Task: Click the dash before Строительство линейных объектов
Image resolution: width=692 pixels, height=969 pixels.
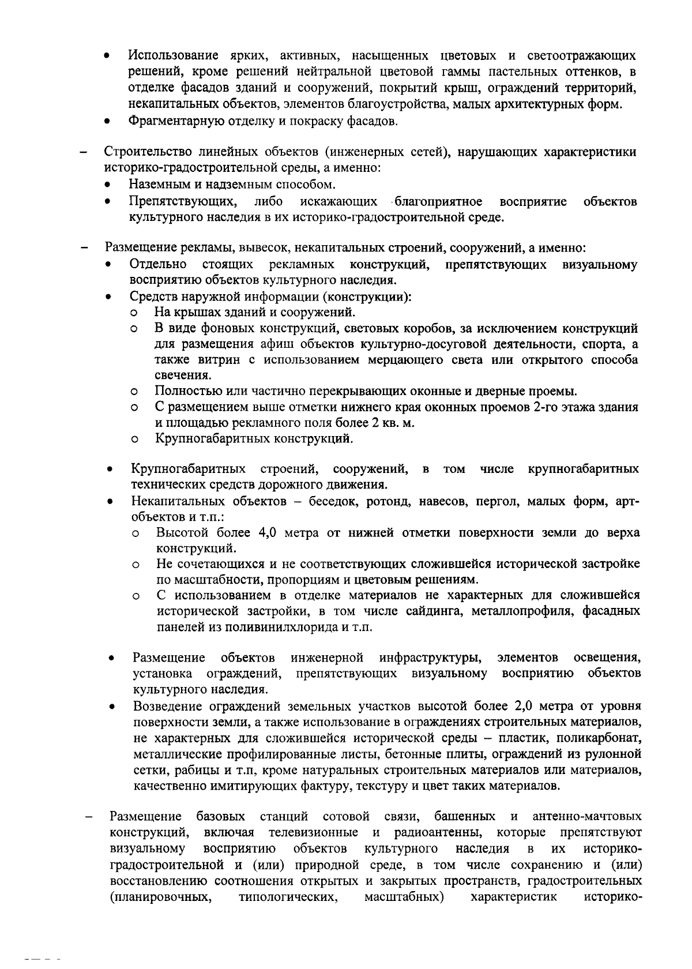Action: coord(84,153)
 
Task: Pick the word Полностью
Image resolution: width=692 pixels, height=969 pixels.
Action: coord(183,392)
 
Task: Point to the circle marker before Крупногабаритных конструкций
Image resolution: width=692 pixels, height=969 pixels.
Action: coord(134,440)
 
